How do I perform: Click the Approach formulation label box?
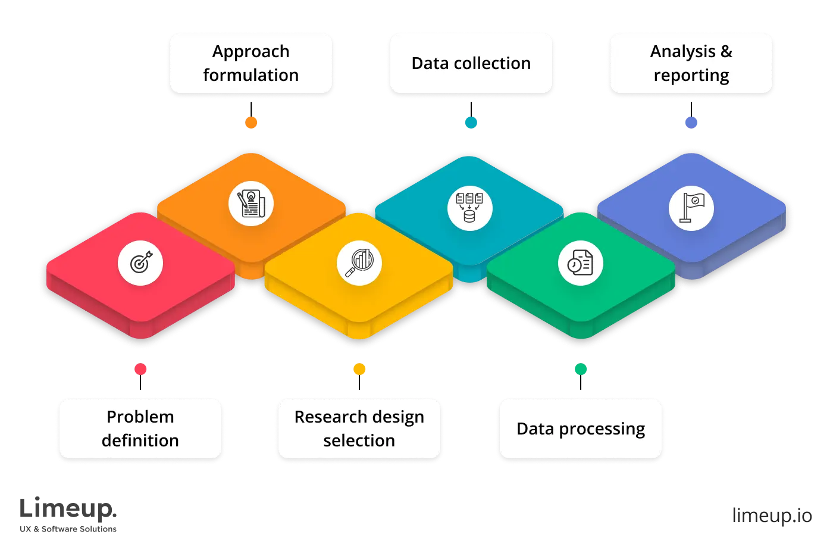pos(250,63)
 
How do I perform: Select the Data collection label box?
pos(471,63)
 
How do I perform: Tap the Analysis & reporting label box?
pos(691,63)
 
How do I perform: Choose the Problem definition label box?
pos(140,429)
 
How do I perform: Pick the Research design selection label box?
pos(359,429)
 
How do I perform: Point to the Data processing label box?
pos(581,429)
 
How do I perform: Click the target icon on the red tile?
pos(140,263)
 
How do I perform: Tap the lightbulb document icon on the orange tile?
pos(250,204)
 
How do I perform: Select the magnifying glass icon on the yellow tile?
pos(359,263)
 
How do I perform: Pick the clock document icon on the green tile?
pos(580,263)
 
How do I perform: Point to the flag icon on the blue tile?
pos(691,208)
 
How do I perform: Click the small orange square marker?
pos(251,122)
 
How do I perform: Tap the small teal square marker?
pos(471,122)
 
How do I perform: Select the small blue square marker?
pos(691,122)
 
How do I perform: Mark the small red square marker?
pos(140,369)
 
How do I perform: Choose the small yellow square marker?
pos(359,369)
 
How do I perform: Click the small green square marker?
pos(580,369)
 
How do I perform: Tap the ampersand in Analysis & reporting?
pos(726,52)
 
